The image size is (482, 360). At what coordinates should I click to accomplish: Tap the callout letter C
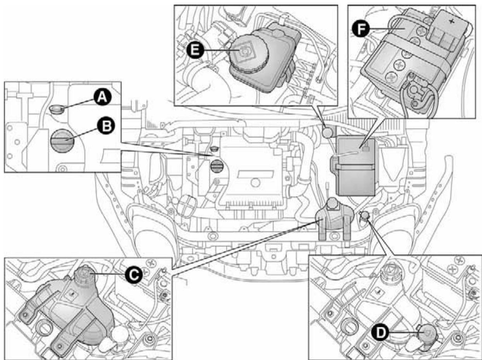click(x=132, y=274)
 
